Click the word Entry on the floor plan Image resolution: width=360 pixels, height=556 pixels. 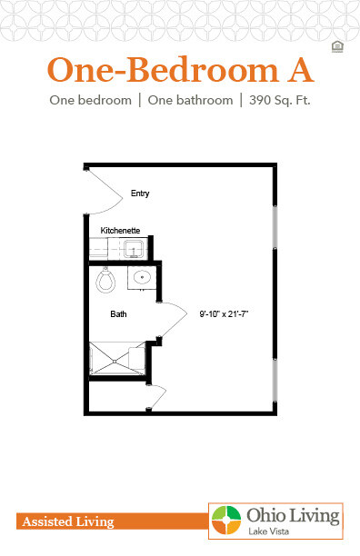pyautogui.click(x=139, y=194)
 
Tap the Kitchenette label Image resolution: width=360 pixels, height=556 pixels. pyautogui.click(x=118, y=231)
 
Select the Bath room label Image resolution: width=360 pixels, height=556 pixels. pyautogui.click(x=118, y=314)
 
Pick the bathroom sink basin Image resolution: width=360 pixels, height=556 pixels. pyautogui.click(x=141, y=278)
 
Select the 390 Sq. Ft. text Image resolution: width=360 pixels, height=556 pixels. pyautogui.click(x=277, y=100)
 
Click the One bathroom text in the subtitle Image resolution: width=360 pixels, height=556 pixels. pyautogui.click(x=192, y=100)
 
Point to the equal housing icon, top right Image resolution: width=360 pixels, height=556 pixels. pyautogui.click(x=337, y=46)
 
